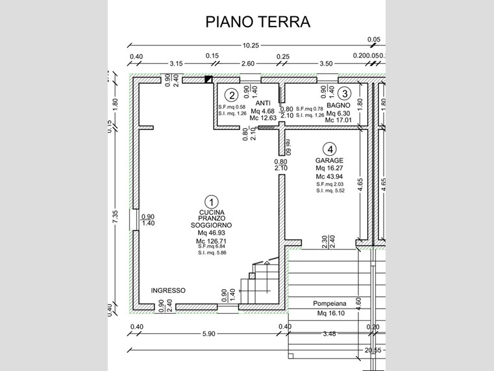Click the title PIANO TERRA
[x=258, y=21]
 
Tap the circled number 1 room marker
[x=211, y=202]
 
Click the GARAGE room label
[x=329, y=160]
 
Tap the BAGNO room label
[x=338, y=105]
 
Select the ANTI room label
[x=263, y=103]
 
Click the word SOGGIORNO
[x=211, y=225]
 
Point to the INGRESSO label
[x=169, y=290]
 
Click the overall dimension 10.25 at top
[x=251, y=45]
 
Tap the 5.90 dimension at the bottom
[x=208, y=334]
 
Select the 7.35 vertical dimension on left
[x=116, y=216]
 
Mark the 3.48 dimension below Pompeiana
[x=329, y=334]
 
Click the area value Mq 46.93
[x=211, y=233]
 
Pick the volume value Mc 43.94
[x=329, y=177]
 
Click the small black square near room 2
[x=208, y=80]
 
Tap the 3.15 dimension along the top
[x=176, y=64]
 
